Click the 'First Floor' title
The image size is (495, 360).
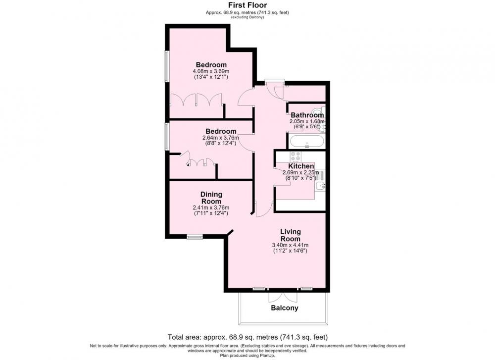coord(247,5)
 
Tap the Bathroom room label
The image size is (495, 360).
coord(307,115)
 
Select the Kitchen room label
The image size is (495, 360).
coord(301,166)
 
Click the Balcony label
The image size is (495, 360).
coord(285,308)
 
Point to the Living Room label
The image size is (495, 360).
coord(291,235)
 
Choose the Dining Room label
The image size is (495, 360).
coord(211,198)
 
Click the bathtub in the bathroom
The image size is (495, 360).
coord(306,141)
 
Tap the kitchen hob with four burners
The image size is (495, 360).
coord(296,156)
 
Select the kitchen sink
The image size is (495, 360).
coord(320,186)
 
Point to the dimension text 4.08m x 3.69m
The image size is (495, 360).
coord(211,71)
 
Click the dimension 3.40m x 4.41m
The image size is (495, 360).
coord(290,245)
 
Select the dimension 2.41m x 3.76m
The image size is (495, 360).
coord(211,207)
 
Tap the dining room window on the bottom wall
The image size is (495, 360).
coord(195,237)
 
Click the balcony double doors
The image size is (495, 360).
coord(283,297)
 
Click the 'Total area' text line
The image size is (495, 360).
coord(247,337)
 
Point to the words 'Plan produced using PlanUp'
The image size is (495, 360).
coord(247,356)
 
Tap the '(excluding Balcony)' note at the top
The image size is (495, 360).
coord(247,17)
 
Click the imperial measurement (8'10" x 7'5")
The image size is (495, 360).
coord(301,178)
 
